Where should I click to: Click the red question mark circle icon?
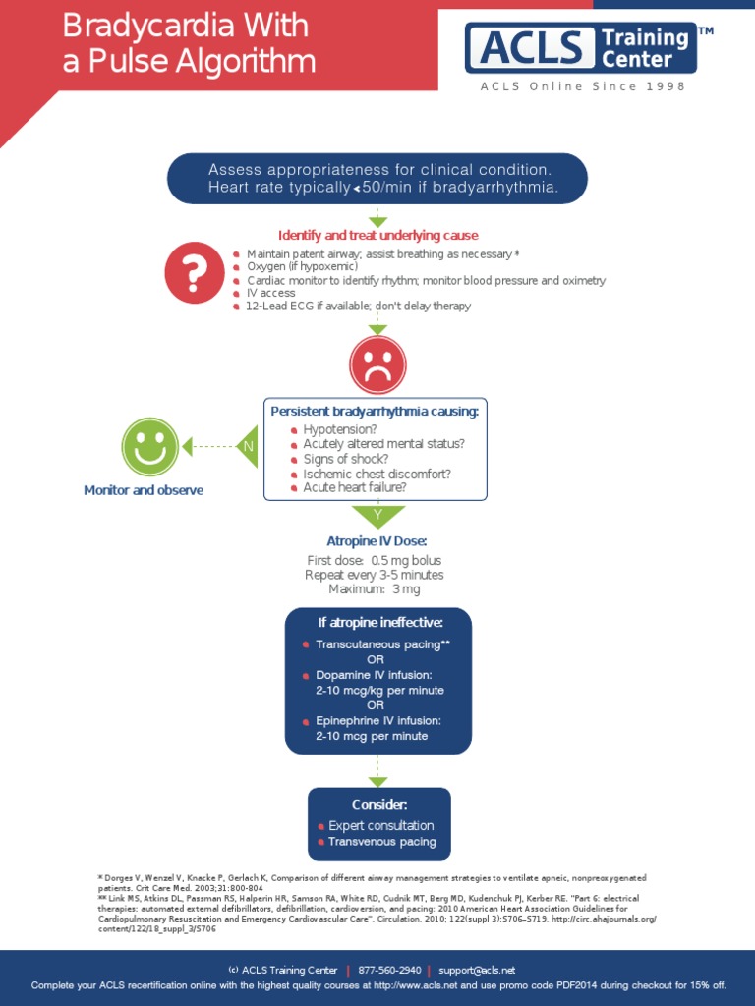194,272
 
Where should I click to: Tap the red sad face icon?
377,366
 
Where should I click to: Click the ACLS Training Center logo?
581,48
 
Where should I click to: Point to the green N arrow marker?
249,446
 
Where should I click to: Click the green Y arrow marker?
377,515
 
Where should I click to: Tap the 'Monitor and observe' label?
144,490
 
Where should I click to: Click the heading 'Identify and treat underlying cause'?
378,236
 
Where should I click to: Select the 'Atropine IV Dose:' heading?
377,541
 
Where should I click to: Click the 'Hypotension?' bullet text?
339,430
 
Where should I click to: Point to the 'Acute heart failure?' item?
354,487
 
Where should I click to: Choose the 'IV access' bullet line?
270,293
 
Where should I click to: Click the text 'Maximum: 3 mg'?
377,589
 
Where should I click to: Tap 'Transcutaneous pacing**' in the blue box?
382,644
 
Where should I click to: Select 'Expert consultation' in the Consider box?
380,826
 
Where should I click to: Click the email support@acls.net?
477,970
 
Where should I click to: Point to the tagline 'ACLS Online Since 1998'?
583,86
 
